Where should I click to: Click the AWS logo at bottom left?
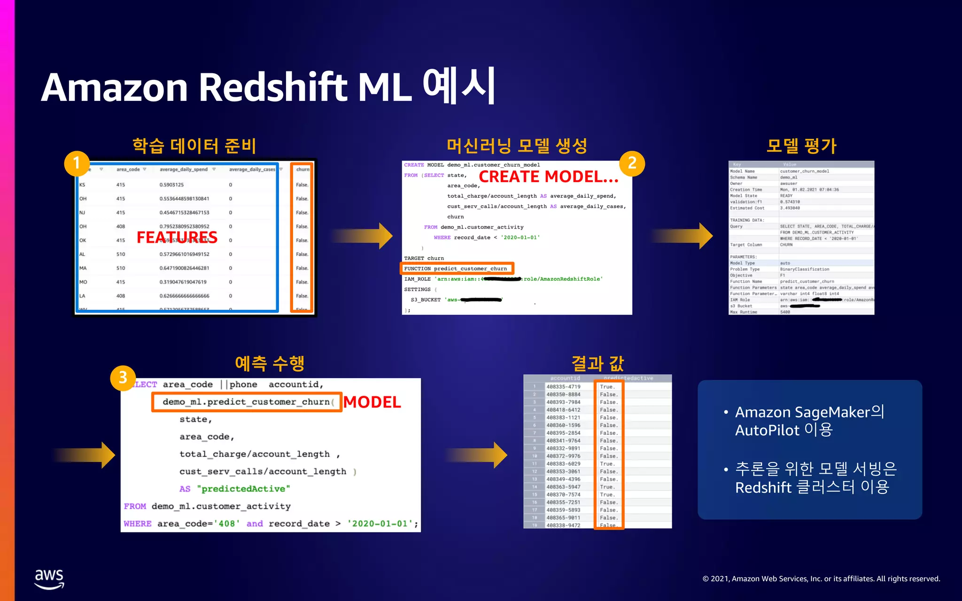click(x=49, y=578)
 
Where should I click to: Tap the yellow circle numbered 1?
click(x=77, y=163)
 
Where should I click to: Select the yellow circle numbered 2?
click(x=632, y=163)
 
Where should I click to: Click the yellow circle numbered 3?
click(x=123, y=378)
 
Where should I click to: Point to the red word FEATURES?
click(x=177, y=238)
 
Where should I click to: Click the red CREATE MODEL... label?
click(x=548, y=177)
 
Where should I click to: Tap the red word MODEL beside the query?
click(x=372, y=402)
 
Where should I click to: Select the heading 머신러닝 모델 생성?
click(x=517, y=146)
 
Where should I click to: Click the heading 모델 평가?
click(x=801, y=146)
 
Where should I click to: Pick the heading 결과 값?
click(x=597, y=363)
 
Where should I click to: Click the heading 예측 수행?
click(x=270, y=363)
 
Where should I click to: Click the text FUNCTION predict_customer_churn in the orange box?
click(x=456, y=269)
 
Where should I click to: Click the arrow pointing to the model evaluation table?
click(x=683, y=236)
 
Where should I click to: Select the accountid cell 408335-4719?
click(x=563, y=387)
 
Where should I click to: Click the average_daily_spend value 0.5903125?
click(x=171, y=185)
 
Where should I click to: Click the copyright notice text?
click(x=821, y=579)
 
